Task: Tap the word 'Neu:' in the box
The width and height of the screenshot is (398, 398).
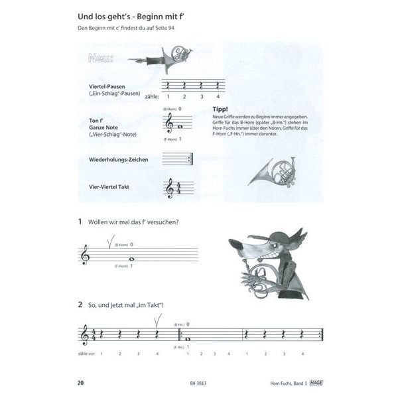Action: [x=99, y=58]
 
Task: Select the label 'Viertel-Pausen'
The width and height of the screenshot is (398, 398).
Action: [x=107, y=86]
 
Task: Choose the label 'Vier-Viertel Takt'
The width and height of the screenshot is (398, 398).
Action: [x=109, y=187]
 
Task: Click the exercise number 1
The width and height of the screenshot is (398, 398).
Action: [x=80, y=221]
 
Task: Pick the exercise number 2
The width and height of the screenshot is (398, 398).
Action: [x=80, y=305]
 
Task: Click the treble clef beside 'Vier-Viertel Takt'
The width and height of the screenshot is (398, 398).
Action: [x=170, y=189]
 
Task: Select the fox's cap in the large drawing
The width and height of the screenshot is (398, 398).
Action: [x=279, y=236]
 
